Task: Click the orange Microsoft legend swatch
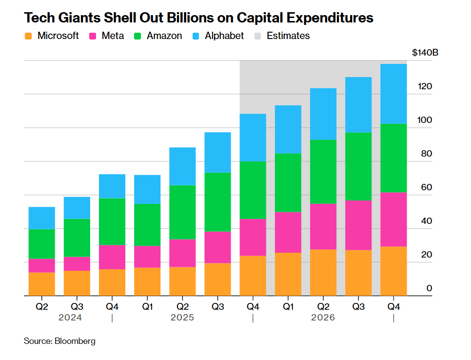(x=28, y=36)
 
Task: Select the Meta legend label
(x=113, y=36)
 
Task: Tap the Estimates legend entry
(x=288, y=36)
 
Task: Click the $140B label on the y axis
(x=425, y=53)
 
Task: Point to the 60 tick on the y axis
(x=427, y=188)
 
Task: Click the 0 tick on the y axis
(x=429, y=289)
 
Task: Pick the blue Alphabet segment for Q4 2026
(x=393, y=94)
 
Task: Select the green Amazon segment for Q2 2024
(x=42, y=244)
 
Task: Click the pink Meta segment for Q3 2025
(x=217, y=247)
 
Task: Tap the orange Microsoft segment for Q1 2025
(x=147, y=281)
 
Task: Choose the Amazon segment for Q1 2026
(x=288, y=183)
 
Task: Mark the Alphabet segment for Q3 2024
(x=77, y=208)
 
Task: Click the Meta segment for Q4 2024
(x=112, y=257)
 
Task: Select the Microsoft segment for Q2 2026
(x=323, y=272)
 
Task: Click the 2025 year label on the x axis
(x=182, y=318)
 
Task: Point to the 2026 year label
(x=323, y=318)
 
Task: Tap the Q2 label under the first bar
(x=42, y=307)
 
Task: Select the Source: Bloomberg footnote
(x=59, y=341)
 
